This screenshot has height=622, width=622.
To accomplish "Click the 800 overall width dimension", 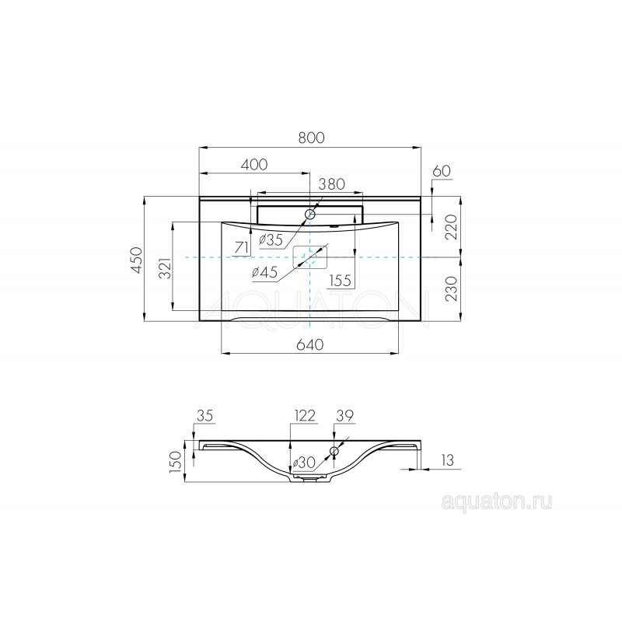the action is click(x=312, y=138).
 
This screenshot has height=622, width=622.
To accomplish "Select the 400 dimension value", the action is click(x=254, y=164).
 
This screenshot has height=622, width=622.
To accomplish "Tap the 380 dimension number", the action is click(x=332, y=184).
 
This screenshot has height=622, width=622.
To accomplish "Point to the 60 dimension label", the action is click(x=442, y=171).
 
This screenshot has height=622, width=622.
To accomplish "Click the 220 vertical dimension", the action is click(x=452, y=226).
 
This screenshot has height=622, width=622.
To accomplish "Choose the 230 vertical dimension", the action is click(x=452, y=288).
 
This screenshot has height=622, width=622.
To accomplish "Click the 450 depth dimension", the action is click(x=137, y=260).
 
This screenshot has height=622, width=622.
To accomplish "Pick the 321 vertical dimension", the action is click(x=166, y=267).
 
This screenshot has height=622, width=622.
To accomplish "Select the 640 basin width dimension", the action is click(x=310, y=344).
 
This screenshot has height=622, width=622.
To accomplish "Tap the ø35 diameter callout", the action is click(x=271, y=240).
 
